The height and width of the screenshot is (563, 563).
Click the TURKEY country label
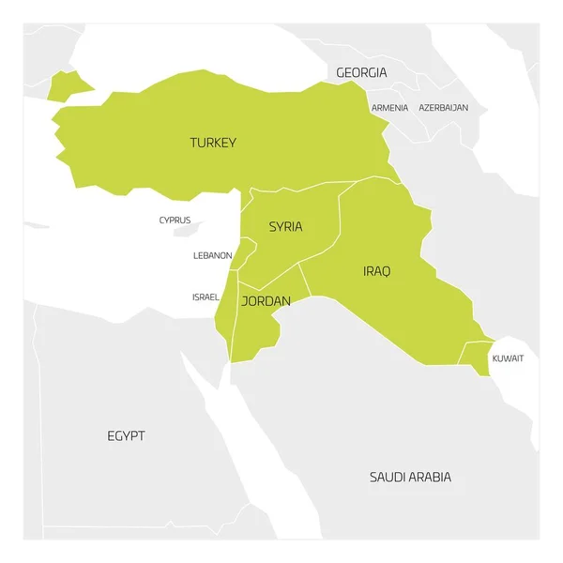coord(213,143)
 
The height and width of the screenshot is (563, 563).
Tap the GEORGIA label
coord(361,72)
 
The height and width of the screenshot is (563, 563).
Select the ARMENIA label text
coord(389,108)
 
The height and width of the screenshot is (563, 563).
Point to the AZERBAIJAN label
coord(443,108)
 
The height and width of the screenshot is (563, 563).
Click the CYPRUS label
coord(175,221)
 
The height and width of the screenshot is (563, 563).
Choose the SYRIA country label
coord(285,226)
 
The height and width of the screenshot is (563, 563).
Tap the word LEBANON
coord(212,255)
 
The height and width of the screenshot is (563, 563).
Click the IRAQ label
coord(376,271)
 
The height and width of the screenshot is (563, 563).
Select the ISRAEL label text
coord(205,297)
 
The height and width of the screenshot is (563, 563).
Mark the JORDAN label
coord(266,301)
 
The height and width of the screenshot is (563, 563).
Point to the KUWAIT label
coord(508,358)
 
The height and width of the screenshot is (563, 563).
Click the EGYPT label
coord(126,436)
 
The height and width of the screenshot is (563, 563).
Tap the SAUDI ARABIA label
coord(410,478)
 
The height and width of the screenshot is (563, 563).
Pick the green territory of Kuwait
coord(477,357)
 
